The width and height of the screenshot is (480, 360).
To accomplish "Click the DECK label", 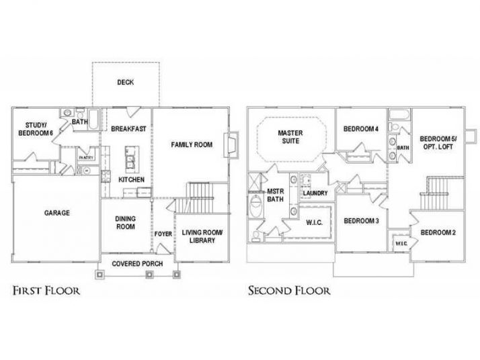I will pyautogui.click(x=125, y=83).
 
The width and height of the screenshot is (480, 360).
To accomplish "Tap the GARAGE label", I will pyautogui.click(x=57, y=213).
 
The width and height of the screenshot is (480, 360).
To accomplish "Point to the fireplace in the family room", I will pyautogui.click(x=233, y=144).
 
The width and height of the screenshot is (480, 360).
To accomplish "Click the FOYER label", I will pyautogui.click(x=163, y=234).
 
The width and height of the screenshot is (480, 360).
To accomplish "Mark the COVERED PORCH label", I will pyautogui.click(x=137, y=263).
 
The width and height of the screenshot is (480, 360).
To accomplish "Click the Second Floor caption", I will pyautogui.click(x=289, y=291).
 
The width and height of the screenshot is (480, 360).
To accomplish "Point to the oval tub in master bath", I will pyautogui.click(x=255, y=206).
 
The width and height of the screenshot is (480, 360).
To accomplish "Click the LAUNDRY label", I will pyautogui.click(x=315, y=193).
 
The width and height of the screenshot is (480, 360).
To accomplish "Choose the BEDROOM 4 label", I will pyautogui.click(x=361, y=129).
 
